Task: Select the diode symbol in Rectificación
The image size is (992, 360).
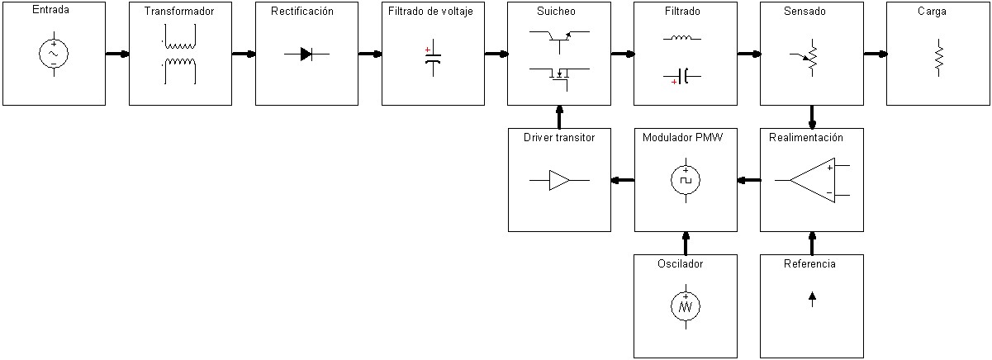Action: (306, 54)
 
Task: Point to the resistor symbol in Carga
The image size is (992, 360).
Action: (938, 59)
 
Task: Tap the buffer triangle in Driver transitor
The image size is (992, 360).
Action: (559, 180)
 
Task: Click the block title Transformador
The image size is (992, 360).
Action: (180, 12)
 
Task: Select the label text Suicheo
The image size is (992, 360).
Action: (559, 12)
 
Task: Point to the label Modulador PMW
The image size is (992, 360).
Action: (682, 138)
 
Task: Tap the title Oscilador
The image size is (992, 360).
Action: (686, 264)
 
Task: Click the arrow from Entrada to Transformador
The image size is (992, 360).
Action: (117, 54)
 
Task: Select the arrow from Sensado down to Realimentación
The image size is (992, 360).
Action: (812, 116)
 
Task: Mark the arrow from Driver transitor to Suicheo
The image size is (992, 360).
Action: (559, 116)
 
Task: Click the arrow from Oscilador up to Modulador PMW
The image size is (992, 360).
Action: (686, 243)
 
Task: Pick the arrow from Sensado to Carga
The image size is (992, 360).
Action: (875, 54)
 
